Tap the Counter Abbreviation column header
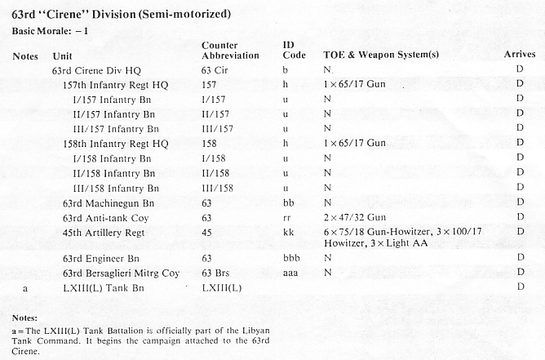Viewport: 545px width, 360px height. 230,49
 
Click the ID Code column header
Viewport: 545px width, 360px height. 294,49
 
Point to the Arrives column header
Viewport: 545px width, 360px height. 520,55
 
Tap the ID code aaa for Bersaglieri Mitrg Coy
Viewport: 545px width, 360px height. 290,273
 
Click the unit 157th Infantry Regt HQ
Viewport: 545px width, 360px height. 112,86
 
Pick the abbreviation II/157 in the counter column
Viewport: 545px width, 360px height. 215,114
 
